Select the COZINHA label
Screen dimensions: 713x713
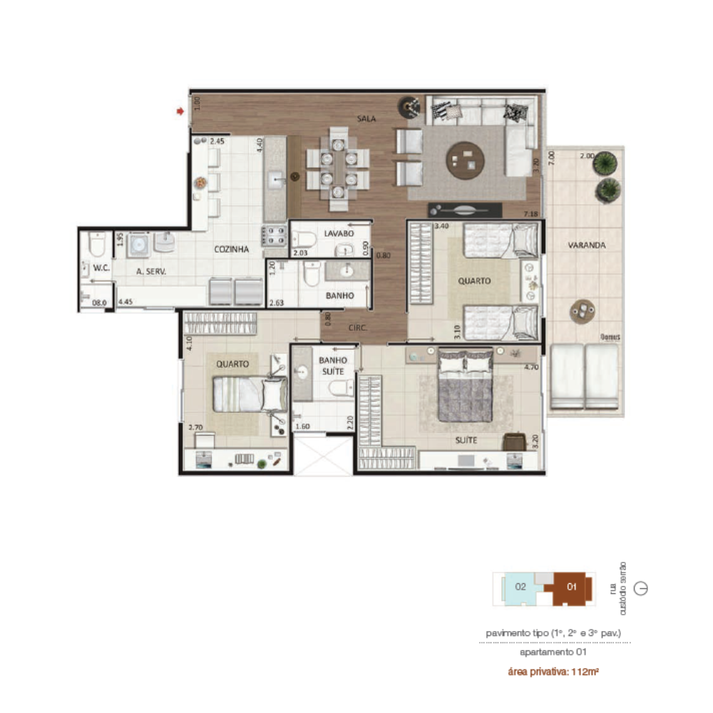231,250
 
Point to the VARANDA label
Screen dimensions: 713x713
587,245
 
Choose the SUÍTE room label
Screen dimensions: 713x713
466,441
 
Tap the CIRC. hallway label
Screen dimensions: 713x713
357,329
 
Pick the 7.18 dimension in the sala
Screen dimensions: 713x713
530,214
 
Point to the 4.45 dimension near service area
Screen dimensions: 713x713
126,302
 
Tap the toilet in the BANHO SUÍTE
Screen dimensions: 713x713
339,388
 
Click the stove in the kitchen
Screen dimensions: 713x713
274,236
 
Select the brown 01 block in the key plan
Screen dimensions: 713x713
571,587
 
